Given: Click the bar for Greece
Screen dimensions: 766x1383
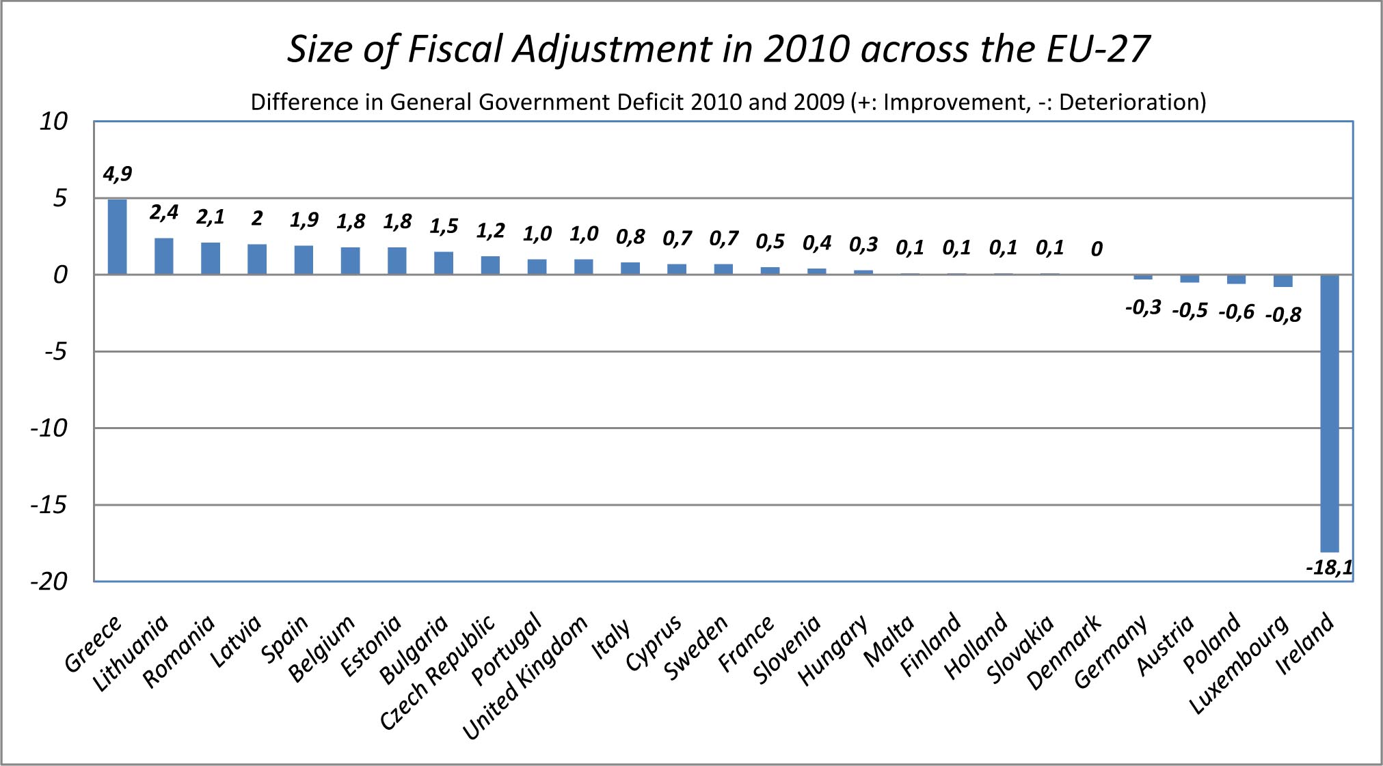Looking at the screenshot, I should [117, 236].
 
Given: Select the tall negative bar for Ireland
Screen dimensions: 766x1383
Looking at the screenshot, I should [1329, 413].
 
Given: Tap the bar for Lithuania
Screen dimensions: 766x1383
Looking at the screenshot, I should [163, 256].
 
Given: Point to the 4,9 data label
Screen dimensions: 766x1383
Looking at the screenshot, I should [117, 174].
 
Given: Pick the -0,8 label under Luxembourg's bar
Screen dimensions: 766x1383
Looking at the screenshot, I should [1283, 314].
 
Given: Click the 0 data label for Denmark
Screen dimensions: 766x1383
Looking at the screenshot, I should [1097, 249].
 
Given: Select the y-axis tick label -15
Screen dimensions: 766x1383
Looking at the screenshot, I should [49, 506].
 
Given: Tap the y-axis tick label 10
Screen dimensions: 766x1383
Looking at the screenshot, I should [53, 122].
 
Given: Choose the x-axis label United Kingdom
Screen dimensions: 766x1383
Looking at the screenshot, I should [525, 677].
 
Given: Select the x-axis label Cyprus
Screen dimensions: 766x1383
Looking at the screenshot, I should [654, 643].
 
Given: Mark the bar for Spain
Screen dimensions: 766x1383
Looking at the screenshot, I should [304, 260].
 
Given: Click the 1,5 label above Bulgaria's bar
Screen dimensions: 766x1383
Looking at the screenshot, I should [444, 226].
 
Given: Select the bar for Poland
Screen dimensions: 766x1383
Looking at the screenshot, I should [1236, 279].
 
